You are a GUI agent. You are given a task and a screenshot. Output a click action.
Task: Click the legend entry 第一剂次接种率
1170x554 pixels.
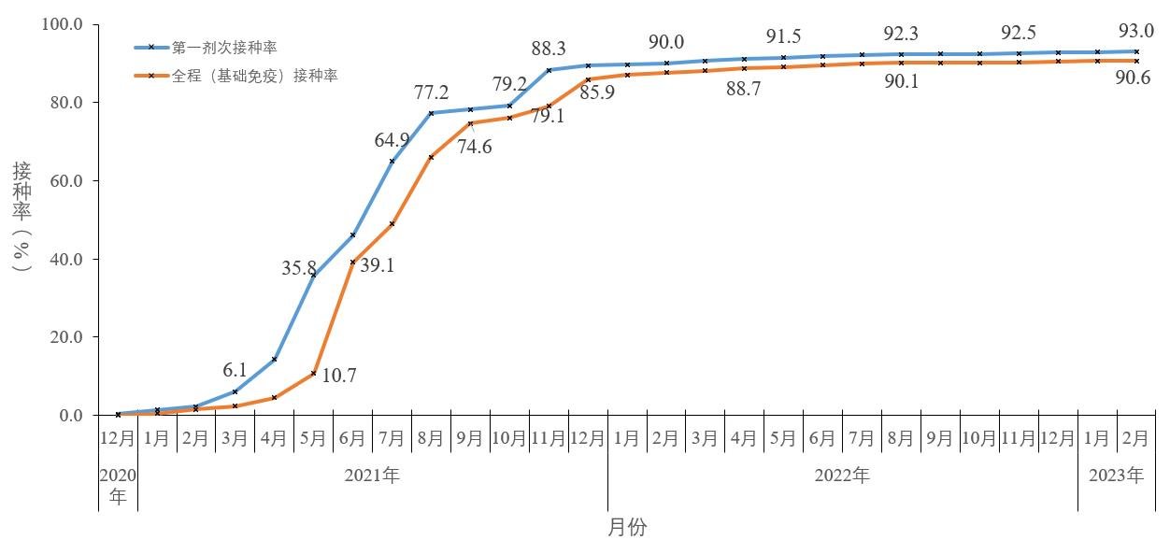tap(224, 46)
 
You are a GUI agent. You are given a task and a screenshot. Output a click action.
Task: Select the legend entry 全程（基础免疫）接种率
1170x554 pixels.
tap(254, 76)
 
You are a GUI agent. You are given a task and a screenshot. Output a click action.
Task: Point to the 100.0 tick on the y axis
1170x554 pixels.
tap(63, 23)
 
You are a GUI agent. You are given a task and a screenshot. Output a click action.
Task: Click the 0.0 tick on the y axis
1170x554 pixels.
tap(71, 415)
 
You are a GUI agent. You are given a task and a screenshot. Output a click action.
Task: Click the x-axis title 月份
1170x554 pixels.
tap(627, 528)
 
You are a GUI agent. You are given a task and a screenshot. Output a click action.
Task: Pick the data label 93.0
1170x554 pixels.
tap(1136, 30)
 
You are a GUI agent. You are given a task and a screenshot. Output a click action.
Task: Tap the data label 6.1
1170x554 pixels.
tap(235, 370)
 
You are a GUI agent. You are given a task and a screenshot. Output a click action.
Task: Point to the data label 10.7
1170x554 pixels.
tap(339, 376)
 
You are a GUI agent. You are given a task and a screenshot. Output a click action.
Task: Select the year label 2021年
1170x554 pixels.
tap(372, 476)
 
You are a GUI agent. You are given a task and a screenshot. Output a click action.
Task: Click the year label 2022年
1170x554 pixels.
tap(842, 476)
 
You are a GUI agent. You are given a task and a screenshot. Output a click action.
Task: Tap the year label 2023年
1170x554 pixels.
tap(1117, 476)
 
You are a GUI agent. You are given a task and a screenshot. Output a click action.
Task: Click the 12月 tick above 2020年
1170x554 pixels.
tap(118, 438)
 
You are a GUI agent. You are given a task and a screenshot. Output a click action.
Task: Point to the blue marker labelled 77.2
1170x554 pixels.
tap(431, 113)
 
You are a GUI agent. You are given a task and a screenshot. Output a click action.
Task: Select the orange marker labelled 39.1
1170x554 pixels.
tap(352, 263)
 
